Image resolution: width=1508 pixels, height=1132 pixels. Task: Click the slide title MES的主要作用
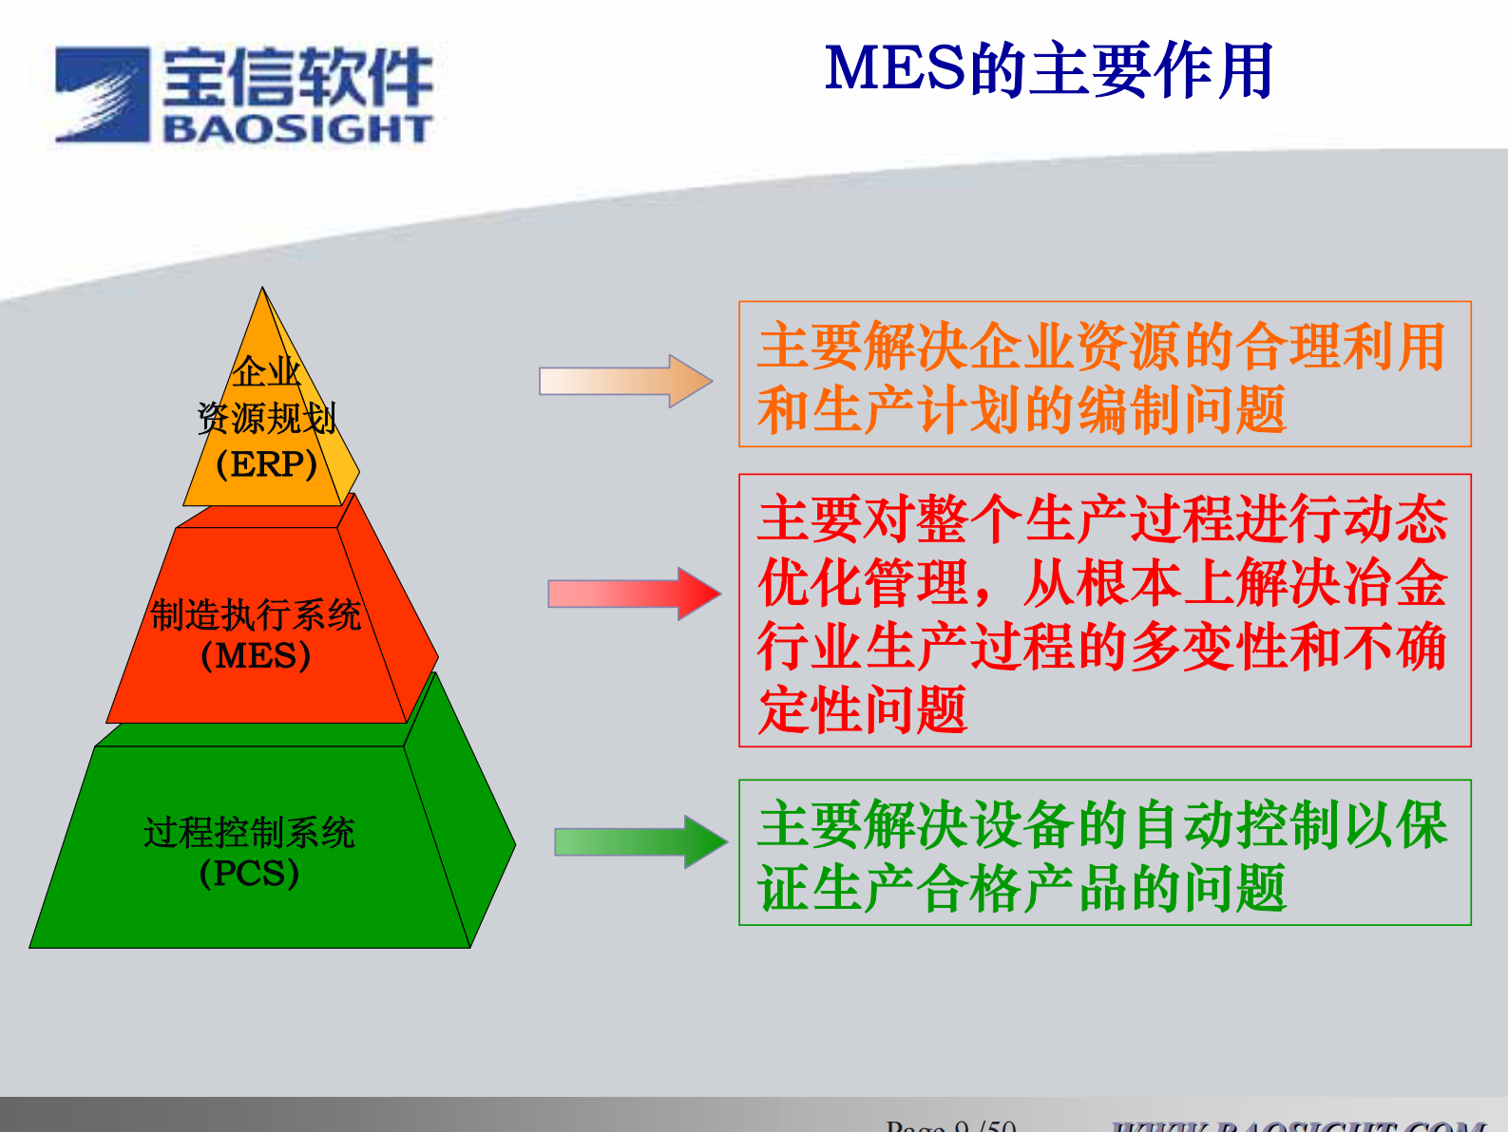[1048, 70]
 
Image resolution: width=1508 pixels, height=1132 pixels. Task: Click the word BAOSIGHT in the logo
[297, 128]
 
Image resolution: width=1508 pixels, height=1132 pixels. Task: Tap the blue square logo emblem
[103, 95]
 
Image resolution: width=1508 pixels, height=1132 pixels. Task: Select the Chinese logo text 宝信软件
[297, 77]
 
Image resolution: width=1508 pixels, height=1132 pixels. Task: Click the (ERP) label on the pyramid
[267, 464]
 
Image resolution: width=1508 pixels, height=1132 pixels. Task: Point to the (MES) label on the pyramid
[256, 656]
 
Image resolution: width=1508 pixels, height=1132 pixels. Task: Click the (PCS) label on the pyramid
[249, 873]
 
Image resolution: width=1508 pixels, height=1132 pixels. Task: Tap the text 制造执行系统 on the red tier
[256, 615]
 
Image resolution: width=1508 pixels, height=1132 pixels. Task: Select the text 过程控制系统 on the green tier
[249, 833]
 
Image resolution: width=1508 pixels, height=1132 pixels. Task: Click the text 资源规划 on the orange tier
[267, 418]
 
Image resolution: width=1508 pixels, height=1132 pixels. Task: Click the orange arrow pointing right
[625, 381]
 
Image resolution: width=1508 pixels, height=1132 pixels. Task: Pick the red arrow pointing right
[634, 594]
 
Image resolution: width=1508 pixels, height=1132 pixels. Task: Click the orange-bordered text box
[1104, 374]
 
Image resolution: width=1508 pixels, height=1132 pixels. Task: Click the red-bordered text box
[1104, 610]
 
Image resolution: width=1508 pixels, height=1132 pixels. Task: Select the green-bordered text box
[1104, 853]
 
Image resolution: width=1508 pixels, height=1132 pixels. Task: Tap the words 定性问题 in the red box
[863, 710]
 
